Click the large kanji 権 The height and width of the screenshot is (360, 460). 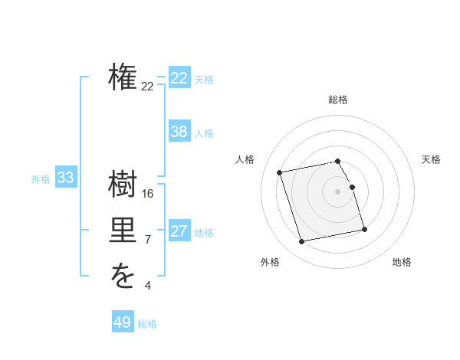[123, 78]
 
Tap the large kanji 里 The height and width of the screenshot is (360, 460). [123, 230]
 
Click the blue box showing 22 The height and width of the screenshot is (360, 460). [179, 78]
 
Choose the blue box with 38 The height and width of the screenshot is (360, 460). [179, 132]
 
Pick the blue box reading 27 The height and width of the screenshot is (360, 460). [179, 231]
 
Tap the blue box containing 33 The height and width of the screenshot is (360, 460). [66, 178]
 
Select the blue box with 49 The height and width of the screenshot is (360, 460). [123, 322]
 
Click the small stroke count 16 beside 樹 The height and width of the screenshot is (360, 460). [148, 194]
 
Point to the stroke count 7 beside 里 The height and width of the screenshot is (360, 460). [148, 240]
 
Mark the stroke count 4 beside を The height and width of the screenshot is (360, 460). [148, 286]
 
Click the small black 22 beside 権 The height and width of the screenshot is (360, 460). [147, 87]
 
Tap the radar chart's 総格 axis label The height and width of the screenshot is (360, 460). [338, 100]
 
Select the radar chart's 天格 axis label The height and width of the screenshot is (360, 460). [432, 159]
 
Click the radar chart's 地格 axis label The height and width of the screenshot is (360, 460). [402, 262]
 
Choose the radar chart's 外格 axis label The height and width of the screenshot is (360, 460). [270, 262]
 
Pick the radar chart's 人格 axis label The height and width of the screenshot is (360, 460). [245, 159]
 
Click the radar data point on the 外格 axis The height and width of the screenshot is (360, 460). [302, 241]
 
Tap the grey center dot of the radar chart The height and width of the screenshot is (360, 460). [338, 191]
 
